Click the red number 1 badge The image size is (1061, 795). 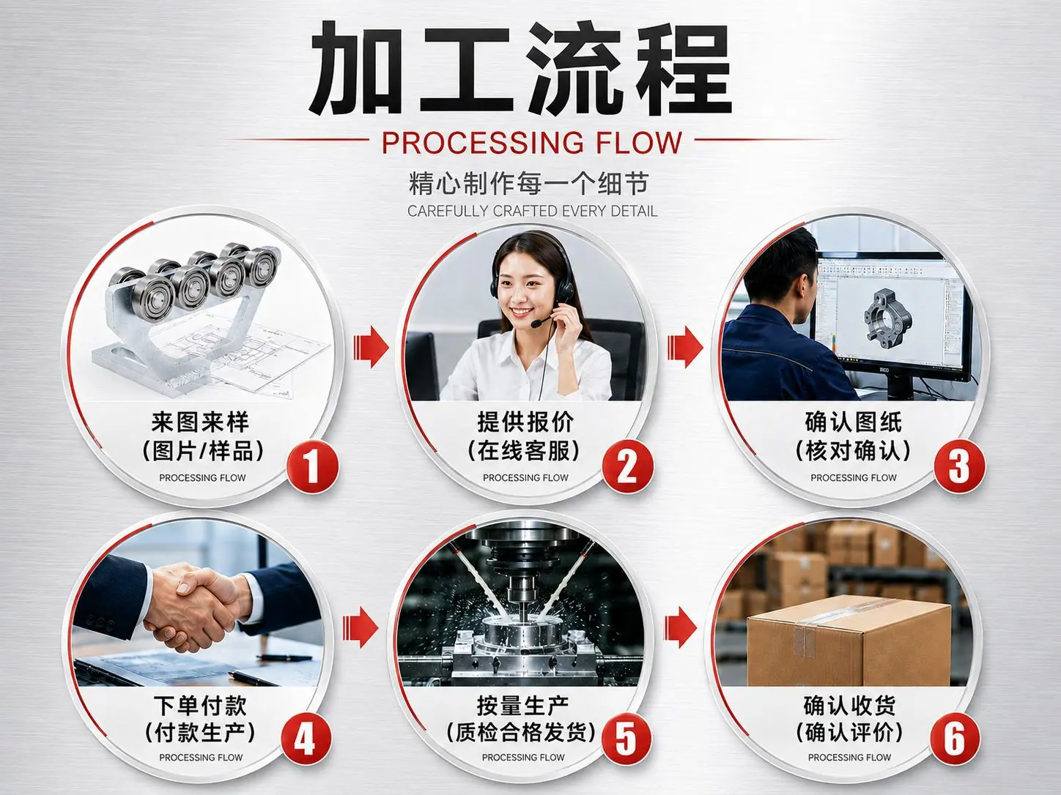(x=312, y=467)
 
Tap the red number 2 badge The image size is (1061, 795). (x=627, y=467)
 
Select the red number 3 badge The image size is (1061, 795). (x=959, y=466)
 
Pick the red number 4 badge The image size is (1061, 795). (x=306, y=740)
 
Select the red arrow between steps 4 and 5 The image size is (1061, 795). (x=360, y=627)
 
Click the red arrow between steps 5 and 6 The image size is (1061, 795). (x=681, y=627)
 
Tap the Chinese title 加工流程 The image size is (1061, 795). (x=520, y=67)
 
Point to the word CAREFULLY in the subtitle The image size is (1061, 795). (x=448, y=212)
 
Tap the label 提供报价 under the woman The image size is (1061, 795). (x=525, y=422)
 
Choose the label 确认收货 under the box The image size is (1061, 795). (x=849, y=706)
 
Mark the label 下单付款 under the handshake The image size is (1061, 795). (x=200, y=706)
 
